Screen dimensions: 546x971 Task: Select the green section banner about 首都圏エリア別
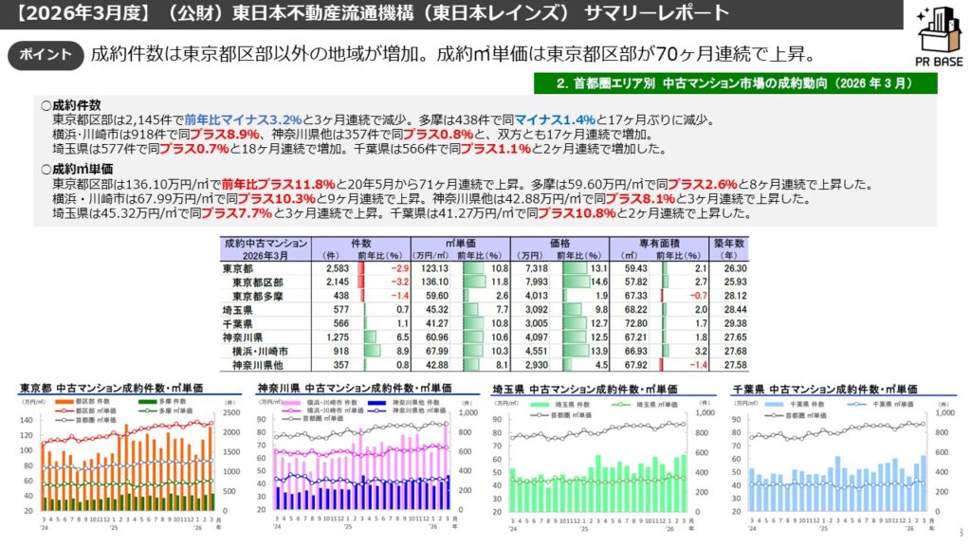tap(735, 83)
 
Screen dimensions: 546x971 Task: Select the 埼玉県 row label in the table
tap(237, 310)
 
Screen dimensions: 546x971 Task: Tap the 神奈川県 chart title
tap(355, 389)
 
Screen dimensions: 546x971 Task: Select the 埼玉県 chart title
tap(584, 390)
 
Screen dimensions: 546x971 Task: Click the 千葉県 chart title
tap(824, 390)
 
